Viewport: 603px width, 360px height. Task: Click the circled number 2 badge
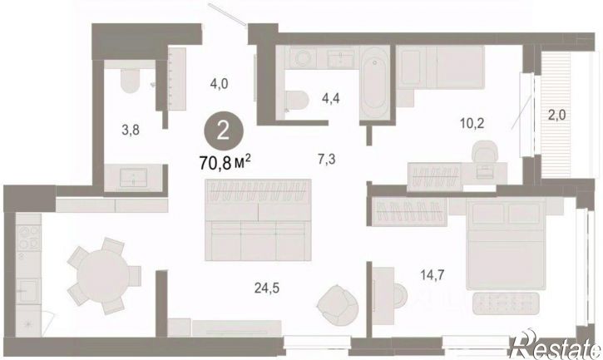point(223,131)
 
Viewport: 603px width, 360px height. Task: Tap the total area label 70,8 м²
point(225,163)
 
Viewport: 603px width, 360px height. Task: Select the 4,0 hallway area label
point(219,83)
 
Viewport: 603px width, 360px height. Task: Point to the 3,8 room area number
point(131,131)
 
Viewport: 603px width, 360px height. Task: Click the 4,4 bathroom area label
point(331,99)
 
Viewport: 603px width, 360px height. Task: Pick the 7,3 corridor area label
point(326,159)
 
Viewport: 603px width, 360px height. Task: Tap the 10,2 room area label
point(472,123)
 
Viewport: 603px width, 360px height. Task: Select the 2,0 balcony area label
point(556,115)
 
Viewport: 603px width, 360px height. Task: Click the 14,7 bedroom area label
point(432,275)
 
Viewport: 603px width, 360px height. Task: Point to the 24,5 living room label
point(266,288)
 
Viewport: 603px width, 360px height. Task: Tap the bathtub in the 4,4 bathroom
point(375,83)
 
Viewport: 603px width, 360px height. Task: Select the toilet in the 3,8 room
point(130,79)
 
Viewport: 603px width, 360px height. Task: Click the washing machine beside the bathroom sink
point(303,58)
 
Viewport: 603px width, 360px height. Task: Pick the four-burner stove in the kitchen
point(29,237)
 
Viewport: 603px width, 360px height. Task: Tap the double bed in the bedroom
point(506,244)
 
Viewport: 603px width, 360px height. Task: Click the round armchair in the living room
point(338,305)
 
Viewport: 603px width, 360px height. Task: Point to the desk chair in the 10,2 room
point(484,152)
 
